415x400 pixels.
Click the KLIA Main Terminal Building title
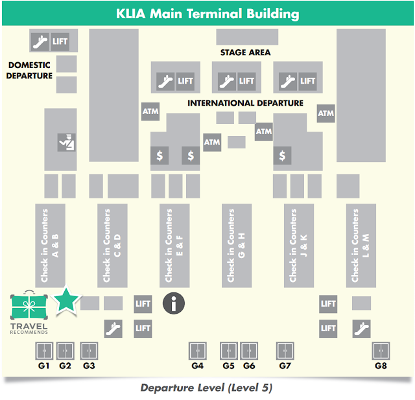point(207,13)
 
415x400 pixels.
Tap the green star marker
point(65,300)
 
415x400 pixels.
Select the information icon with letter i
point(173,303)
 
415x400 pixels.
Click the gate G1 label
point(43,366)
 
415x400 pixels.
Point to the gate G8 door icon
point(381,351)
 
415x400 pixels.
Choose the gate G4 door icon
point(198,351)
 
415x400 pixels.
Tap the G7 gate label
point(285,366)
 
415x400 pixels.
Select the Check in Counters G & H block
point(237,245)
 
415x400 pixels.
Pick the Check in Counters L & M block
point(361,245)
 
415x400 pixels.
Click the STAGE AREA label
point(246,53)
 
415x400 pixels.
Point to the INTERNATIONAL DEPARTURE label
point(245,103)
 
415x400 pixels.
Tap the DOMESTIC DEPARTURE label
point(30,70)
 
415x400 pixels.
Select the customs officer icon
point(66,141)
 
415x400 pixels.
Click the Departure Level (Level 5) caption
point(206,388)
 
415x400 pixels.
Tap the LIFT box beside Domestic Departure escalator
point(60,41)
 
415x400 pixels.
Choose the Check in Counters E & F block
point(174,245)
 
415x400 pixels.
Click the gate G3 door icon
point(89,351)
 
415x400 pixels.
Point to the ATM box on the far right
point(326,113)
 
